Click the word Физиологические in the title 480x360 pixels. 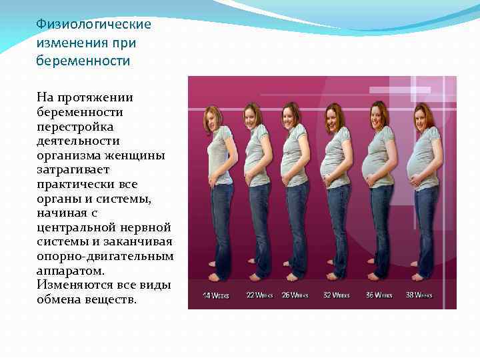point(93,25)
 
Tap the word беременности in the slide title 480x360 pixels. point(83,61)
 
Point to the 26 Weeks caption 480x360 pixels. point(295,294)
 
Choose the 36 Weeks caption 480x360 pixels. point(379,294)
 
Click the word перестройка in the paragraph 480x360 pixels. point(75,126)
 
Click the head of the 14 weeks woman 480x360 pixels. point(213,115)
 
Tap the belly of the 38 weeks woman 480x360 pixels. point(419,163)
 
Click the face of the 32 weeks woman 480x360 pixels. point(333,119)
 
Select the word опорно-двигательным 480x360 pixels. point(105,257)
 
